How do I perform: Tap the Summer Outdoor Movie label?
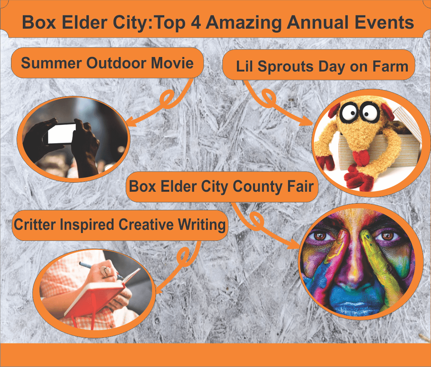coord(107,63)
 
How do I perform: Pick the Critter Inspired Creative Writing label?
coord(120,225)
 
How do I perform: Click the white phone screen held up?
coord(62,134)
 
